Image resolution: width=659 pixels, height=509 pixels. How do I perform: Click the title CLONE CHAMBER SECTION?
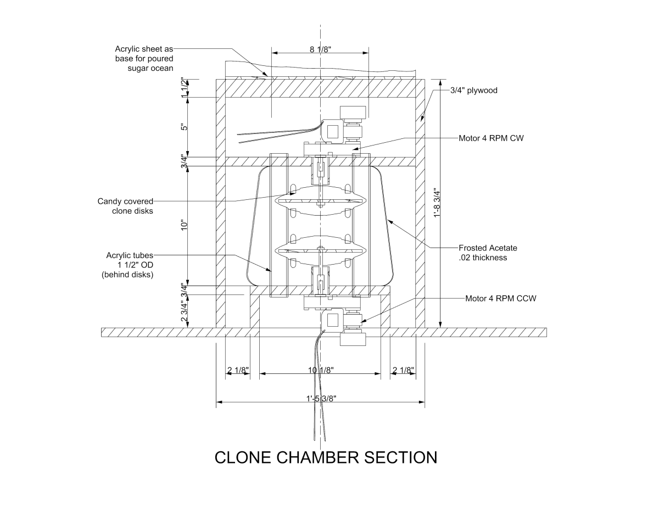326,457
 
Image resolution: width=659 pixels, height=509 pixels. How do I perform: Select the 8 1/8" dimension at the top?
320,49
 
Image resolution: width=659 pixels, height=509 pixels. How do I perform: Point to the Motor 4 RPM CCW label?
500,299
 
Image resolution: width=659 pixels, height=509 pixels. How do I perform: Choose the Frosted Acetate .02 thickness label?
488,253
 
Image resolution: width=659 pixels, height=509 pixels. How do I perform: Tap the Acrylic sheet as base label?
144,59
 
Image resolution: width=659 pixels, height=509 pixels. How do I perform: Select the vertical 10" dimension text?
185,225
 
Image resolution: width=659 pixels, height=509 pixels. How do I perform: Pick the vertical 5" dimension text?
185,127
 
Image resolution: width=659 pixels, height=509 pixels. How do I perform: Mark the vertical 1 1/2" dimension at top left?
185,87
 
